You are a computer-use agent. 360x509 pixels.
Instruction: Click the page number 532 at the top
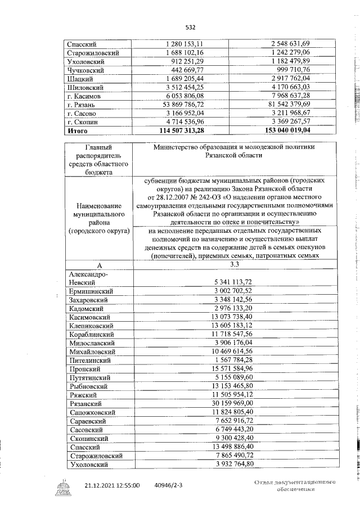pos(191,26)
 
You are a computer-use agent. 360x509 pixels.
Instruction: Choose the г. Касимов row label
pos(84,96)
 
